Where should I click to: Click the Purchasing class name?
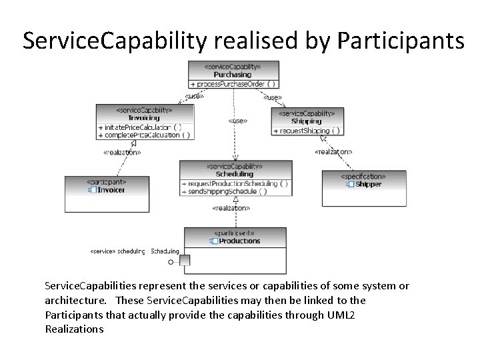tap(233, 75)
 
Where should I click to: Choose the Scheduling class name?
tap(235, 173)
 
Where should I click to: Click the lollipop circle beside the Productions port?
tap(171, 262)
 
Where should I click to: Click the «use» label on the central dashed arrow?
tap(238, 121)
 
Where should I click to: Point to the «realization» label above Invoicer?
tap(122, 152)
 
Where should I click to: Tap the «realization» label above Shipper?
tap(333, 152)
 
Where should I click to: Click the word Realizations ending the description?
tap(74, 329)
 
